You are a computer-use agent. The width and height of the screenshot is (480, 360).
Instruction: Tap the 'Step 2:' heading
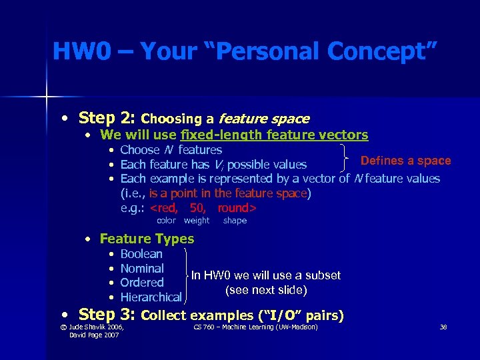pyautogui.click(x=107, y=118)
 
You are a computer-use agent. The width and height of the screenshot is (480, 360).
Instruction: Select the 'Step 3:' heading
pyautogui.click(x=107, y=313)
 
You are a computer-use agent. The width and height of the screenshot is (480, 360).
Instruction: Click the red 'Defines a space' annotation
pyautogui.click(x=405, y=161)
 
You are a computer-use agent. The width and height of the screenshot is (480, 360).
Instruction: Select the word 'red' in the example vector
pyautogui.click(x=165, y=207)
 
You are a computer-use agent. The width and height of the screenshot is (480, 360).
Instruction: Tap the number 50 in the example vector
pyautogui.click(x=197, y=207)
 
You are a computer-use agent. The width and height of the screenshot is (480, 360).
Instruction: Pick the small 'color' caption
pyautogui.click(x=166, y=221)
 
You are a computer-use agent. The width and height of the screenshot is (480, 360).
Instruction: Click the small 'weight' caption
pyautogui.click(x=197, y=221)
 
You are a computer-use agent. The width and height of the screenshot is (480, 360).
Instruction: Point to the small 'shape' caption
pyautogui.click(x=235, y=221)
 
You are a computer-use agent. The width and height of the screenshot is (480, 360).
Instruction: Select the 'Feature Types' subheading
pyautogui.click(x=147, y=239)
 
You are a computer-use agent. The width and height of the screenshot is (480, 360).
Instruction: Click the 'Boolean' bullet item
pyautogui.click(x=141, y=254)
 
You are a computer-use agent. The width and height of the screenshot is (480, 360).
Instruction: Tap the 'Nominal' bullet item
pyautogui.click(x=142, y=269)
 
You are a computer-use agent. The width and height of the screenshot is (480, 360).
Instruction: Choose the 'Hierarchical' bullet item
pyautogui.click(x=151, y=297)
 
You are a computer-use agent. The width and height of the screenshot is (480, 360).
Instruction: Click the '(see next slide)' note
pyautogui.click(x=266, y=290)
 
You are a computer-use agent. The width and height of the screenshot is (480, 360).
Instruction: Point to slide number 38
pyautogui.click(x=443, y=327)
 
